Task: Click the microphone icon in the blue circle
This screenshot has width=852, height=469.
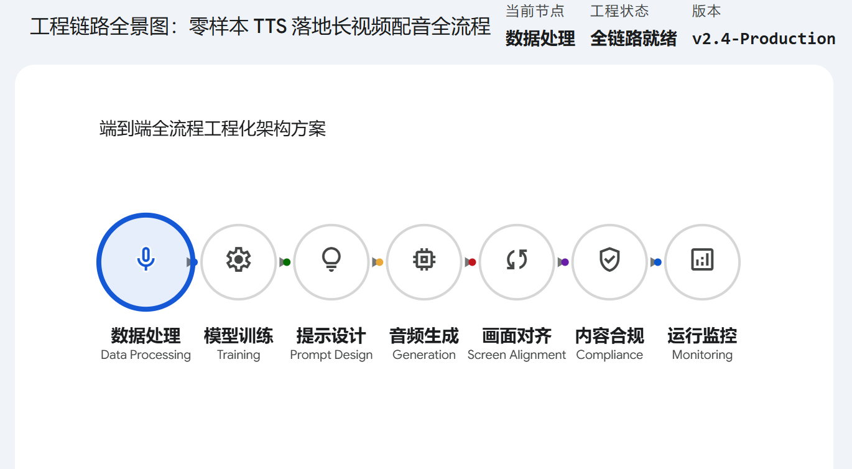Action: [146, 259]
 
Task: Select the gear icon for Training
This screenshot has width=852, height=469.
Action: [238, 259]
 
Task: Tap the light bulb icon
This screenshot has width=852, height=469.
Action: [331, 259]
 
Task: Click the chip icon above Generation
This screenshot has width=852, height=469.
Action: [424, 259]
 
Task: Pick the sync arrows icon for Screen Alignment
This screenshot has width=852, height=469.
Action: [517, 259]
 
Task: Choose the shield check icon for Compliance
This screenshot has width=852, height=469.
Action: [609, 259]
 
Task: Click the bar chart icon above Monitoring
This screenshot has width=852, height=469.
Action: [702, 259]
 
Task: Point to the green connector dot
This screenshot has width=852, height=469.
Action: [287, 262]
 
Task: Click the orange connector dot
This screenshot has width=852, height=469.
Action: [379, 262]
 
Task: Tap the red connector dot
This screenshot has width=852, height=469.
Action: [472, 262]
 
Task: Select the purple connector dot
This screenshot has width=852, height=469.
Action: [565, 262]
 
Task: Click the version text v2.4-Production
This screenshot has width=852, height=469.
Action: [763, 39]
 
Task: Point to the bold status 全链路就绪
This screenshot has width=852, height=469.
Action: [633, 39]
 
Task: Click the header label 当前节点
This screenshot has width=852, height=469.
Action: [535, 11]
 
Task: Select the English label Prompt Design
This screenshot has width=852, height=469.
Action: [331, 355]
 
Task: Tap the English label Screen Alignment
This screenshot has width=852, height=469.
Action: [517, 355]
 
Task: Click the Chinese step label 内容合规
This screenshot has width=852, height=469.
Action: [609, 336]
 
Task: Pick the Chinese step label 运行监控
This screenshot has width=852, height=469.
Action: [702, 336]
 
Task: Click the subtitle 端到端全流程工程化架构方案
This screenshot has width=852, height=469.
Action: [213, 129]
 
